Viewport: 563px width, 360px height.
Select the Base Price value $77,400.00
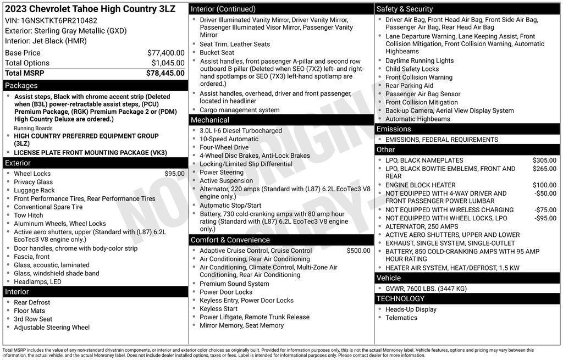coord(165,53)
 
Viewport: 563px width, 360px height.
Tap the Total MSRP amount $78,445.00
coord(165,73)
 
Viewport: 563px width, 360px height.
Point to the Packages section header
coord(21,86)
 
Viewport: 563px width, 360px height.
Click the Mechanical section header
coord(210,120)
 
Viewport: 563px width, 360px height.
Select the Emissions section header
coord(394,129)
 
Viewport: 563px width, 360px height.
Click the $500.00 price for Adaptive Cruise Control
coord(358,251)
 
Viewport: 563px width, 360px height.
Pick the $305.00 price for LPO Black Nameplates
coord(544,160)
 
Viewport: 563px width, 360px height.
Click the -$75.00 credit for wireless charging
coord(545,210)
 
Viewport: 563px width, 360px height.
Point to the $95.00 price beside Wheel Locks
coord(174,174)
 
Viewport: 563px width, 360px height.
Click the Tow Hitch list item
coord(29,215)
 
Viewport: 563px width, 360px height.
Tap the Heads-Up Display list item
coord(411,309)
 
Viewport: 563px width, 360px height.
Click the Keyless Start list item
coord(219,309)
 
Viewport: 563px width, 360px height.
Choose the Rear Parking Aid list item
coord(409,86)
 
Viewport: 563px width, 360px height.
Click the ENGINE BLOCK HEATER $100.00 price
coord(544,185)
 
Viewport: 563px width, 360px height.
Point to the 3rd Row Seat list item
coord(33,319)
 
